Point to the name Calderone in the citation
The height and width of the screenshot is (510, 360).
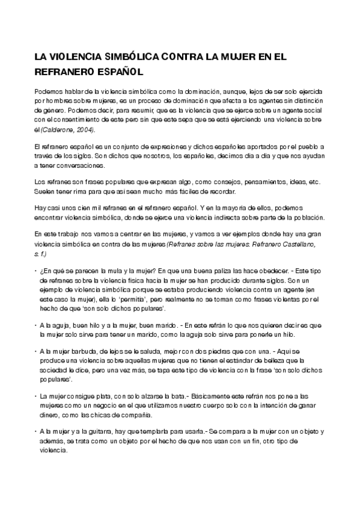pos(60,130)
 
